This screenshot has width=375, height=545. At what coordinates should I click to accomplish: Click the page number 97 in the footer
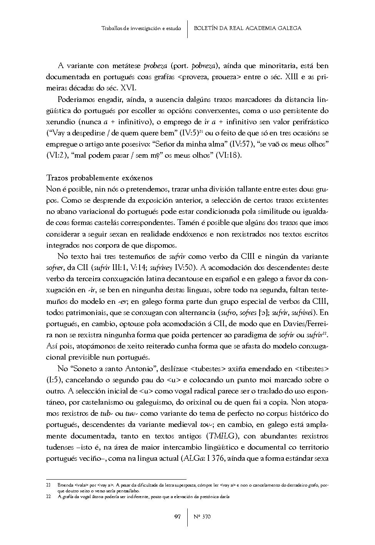coord(177,517)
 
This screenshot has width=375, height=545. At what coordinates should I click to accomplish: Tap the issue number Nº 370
coord(202,517)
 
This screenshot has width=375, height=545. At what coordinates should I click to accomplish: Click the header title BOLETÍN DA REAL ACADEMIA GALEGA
coord(247,28)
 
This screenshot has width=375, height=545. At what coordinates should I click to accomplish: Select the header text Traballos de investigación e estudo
coord(141,28)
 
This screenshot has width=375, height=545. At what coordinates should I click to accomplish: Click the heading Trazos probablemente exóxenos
coord(99,178)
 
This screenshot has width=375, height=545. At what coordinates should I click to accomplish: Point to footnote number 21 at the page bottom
coord(48,485)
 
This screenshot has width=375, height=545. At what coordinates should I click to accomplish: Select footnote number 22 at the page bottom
coord(48,497)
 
